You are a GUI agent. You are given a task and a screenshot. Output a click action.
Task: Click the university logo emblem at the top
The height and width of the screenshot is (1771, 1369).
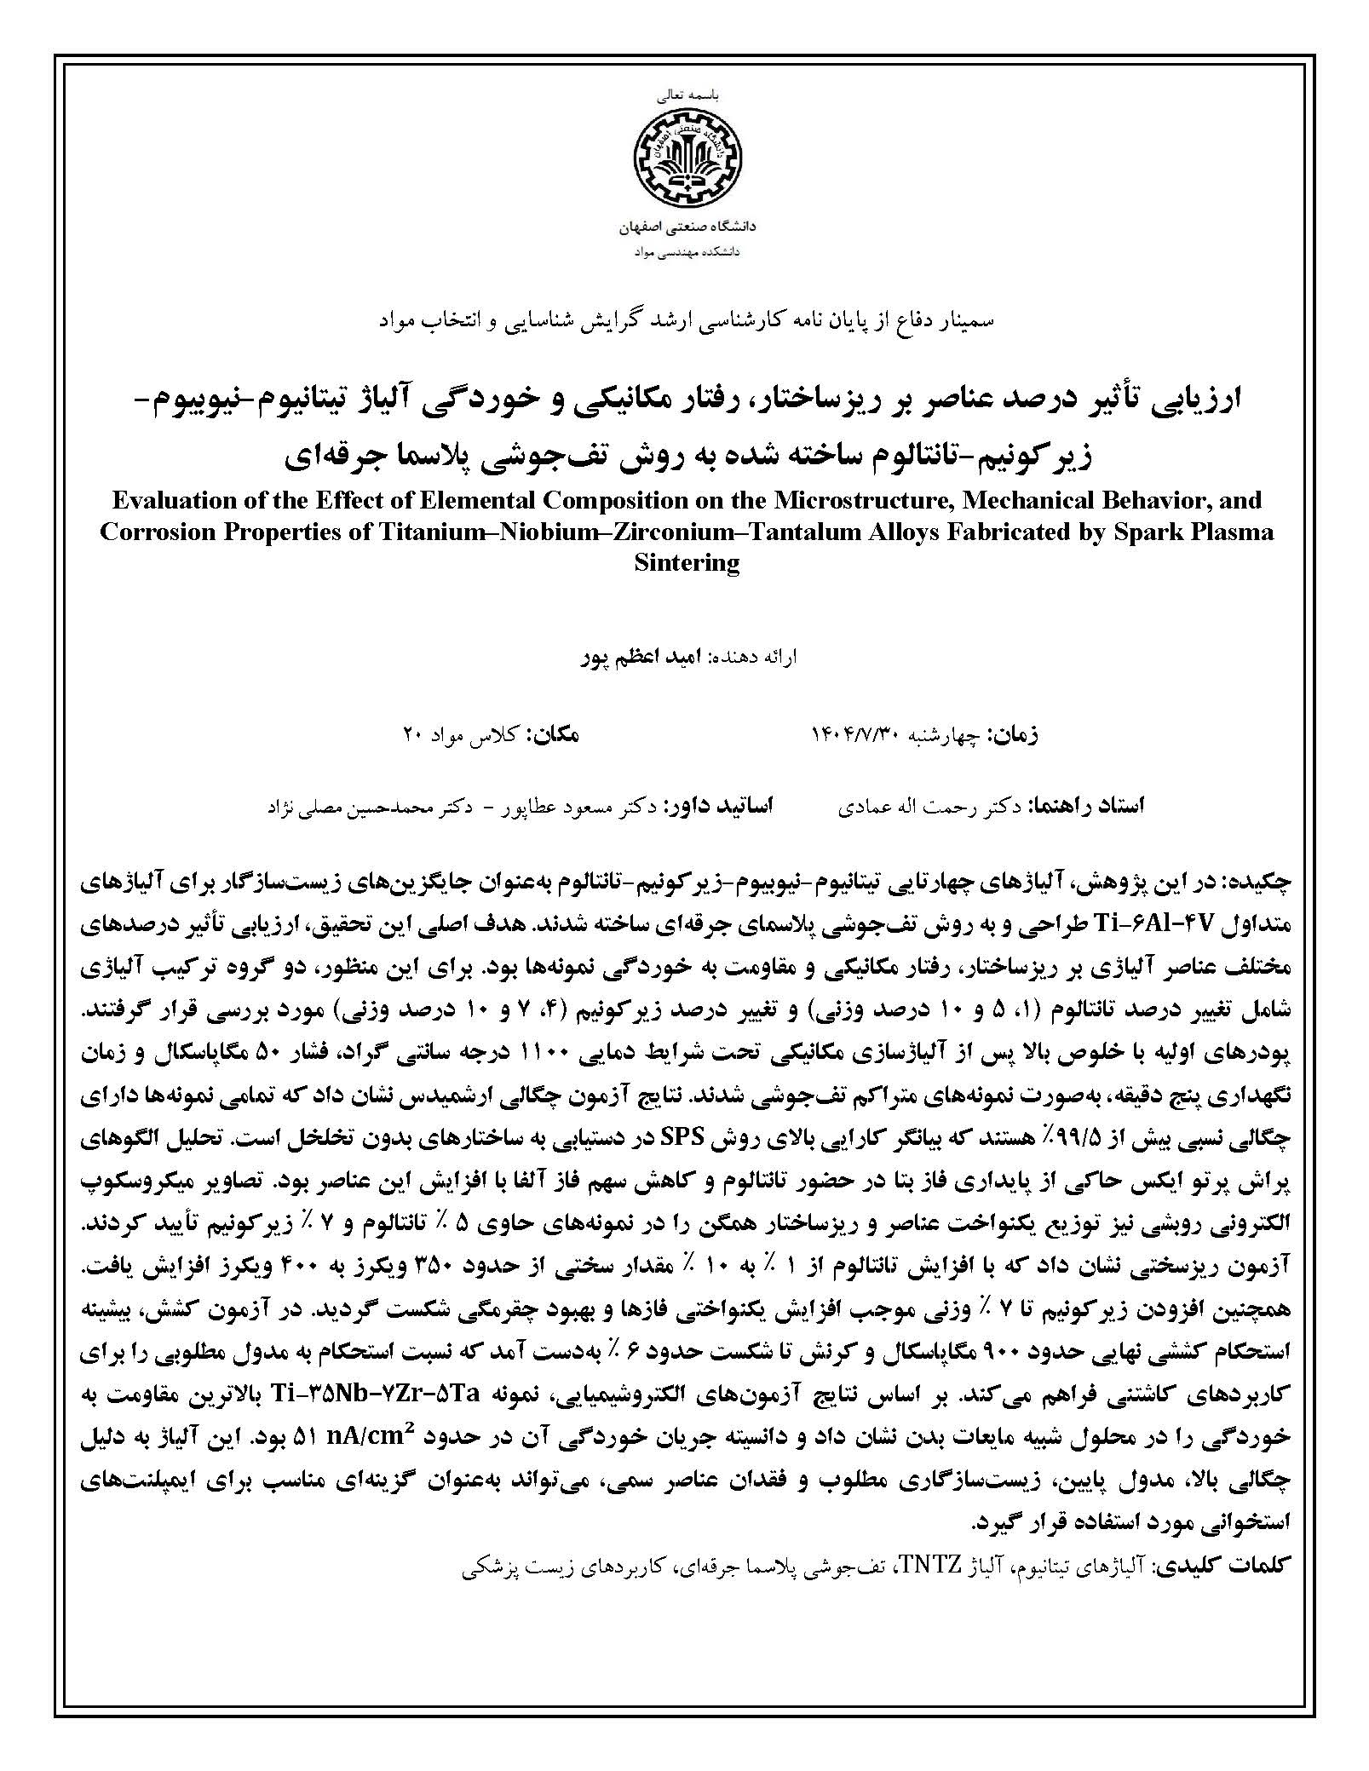pos(685,160)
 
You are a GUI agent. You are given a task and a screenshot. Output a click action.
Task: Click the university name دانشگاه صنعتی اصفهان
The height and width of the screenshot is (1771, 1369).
pos(685,228)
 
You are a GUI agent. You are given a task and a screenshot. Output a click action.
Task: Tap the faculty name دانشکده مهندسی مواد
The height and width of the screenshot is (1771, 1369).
pos(685,252)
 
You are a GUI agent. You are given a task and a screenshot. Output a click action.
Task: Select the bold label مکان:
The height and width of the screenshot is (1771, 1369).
pos(554,734)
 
